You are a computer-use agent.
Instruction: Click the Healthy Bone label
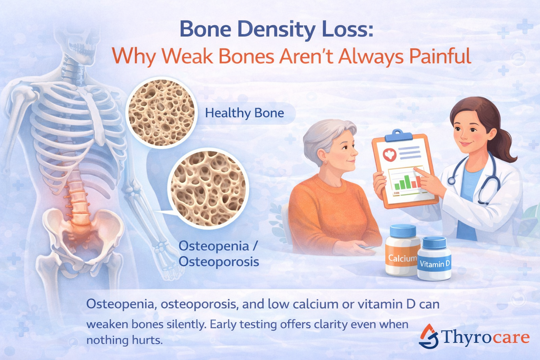click(244, 113)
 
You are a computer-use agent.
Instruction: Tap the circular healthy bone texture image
click(161, 112)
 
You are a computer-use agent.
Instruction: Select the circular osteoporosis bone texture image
click(208, 188)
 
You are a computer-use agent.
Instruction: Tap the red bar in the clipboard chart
click(418, 182)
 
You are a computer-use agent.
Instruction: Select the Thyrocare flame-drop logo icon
click(429, 336)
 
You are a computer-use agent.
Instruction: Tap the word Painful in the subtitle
click(440, 56)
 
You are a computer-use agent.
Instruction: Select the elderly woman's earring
click(325, 162)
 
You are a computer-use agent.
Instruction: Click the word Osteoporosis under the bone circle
click(219, 262)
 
